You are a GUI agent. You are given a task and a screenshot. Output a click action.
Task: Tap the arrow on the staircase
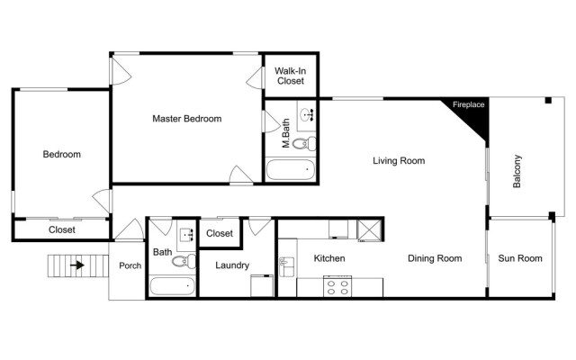point(78,265)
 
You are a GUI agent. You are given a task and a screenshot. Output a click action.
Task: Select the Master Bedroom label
point(186,119)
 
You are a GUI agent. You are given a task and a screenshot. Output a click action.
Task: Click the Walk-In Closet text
point(290,76)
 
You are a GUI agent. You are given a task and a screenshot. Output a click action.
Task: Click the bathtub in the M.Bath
point(291,169)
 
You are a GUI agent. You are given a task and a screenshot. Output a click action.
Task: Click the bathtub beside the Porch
point(172,287)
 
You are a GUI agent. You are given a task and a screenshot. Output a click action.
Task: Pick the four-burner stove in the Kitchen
point(338,287)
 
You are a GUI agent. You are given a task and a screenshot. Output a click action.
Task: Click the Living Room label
point(399,161)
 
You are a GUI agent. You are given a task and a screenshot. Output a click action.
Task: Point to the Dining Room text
point(435,259)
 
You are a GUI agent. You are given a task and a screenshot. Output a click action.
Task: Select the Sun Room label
point(520,259)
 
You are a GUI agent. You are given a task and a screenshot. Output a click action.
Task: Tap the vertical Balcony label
point(517,173)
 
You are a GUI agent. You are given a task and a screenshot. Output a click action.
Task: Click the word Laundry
point(232,265)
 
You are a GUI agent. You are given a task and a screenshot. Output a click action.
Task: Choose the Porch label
point(130,266)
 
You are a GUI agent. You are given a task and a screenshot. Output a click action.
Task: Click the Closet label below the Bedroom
point(61,230)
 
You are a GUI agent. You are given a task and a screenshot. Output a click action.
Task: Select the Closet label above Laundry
point(220,234)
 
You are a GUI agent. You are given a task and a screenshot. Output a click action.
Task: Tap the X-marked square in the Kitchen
point(369,229)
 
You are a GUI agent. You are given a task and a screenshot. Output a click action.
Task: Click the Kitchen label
point(329,259)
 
